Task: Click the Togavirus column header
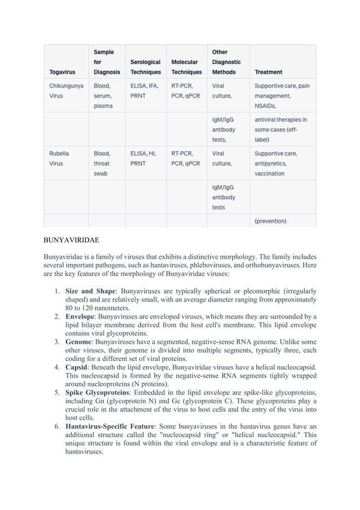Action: (62, 72)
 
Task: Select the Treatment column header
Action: (269, 72)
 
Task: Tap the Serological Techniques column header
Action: (145, 67)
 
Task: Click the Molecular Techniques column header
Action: (186, 67)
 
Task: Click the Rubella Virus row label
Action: (56, 158)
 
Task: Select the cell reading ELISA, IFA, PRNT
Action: (144, 91)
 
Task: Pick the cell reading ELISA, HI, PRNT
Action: (144, 158)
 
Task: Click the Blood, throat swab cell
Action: (105, 163)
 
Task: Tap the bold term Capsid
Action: (79, 367)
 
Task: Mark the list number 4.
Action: (58, 367)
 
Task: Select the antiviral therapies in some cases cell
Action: (280, 129)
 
